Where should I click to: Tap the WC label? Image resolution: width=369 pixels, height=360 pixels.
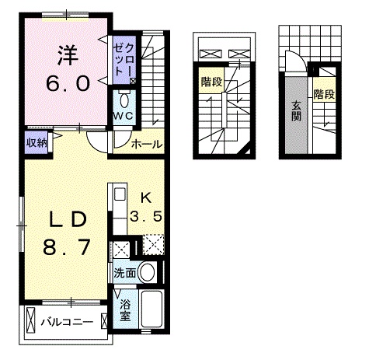[124, 117]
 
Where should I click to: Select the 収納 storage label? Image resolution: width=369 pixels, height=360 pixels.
[37, 142]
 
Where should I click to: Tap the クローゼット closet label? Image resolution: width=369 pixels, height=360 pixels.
[124, 58]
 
